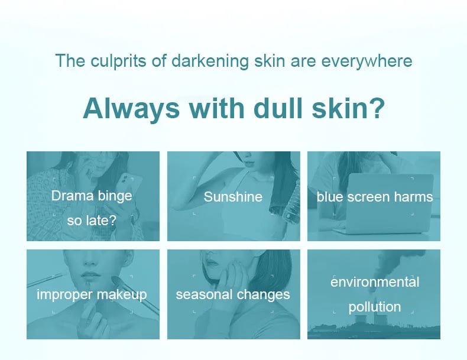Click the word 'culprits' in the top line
pos(118,61)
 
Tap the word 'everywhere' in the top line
pos(367,61)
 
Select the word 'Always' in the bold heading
pos(131,109)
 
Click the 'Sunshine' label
pos(233,197)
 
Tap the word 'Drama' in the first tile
pos(72,196)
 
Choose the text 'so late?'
pos(92,220)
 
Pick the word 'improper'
pos(64,295)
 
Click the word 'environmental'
pos(375,282)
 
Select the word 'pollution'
pos(375,307)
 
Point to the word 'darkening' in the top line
pos(210,61)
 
